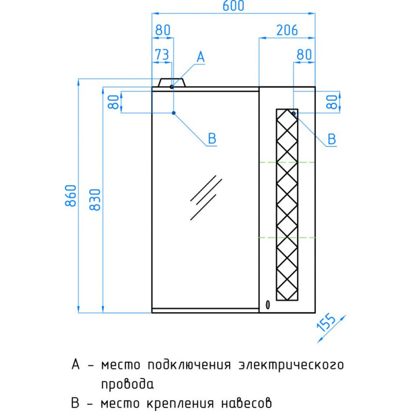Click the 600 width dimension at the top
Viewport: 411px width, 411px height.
(x=233, y=6)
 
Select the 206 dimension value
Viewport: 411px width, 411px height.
(x=287, y=30)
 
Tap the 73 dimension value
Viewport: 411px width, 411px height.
(x=162, y=55)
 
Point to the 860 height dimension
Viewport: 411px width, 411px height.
(x=71, y=196)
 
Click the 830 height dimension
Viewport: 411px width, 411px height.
(x=95, y=200)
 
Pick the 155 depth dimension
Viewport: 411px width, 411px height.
(x=326, y=323)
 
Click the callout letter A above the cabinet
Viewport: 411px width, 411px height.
(x=201, y=57)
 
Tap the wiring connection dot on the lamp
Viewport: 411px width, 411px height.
(x=172, y=87)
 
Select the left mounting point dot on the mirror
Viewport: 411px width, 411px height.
(x=174, y=113)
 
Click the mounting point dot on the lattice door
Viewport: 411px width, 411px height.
(x=294, y=113)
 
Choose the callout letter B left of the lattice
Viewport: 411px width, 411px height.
(x=212, y=138)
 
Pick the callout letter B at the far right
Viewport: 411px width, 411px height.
(x=332, y=139)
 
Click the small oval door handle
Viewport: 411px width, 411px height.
(x=268, y=305)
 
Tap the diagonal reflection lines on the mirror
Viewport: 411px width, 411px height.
(x=206, y=198)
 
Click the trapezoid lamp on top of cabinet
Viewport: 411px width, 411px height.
(x=172, y=82)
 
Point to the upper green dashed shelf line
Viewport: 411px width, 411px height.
(x=287, y=162)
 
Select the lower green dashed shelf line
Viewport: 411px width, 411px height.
(x=287, y=238)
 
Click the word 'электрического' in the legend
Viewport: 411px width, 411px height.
(x=291, y=365)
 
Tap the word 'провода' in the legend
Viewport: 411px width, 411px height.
(x=127, y=384)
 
